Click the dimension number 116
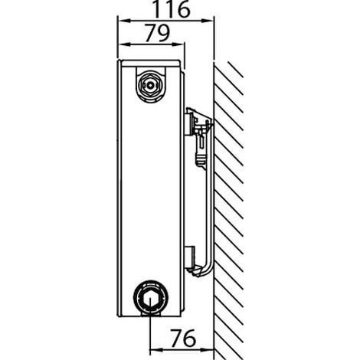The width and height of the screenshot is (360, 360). [172, 9]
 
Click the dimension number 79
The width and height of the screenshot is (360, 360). [158, 33]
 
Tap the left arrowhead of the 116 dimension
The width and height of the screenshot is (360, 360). [124, 21]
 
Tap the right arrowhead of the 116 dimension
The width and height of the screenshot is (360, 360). [207, 21]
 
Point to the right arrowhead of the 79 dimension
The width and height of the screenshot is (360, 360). [178, 44]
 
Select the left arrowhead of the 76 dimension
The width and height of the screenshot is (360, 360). [156, 349]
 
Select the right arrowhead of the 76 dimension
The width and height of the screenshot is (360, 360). [207, 349]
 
